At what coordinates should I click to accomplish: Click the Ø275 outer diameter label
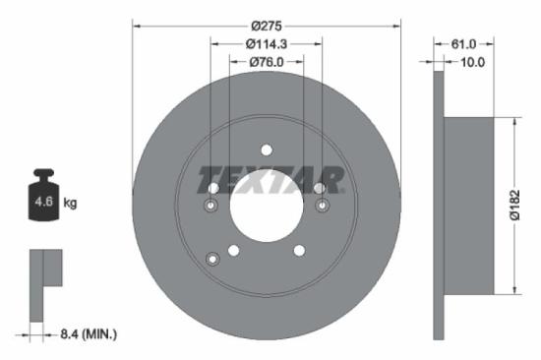coord(267,24)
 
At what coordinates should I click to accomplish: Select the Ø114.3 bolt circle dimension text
coord(267,43)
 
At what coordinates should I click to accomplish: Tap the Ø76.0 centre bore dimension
coord(267,62)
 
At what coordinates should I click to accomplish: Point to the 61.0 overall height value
coord(462,43)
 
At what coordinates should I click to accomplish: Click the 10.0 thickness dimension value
coord(474,62)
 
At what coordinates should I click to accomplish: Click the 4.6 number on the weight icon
coord(43,204)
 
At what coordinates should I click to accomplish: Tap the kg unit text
coord(70,204)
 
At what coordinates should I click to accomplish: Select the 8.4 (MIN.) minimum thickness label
coord(88,334)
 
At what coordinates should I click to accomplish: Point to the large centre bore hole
coord(267,209)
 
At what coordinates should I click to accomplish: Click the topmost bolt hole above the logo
coord(267,150)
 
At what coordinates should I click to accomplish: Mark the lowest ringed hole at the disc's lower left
coord(212,258)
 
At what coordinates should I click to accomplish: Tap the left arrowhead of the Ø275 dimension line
coord(136,24)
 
